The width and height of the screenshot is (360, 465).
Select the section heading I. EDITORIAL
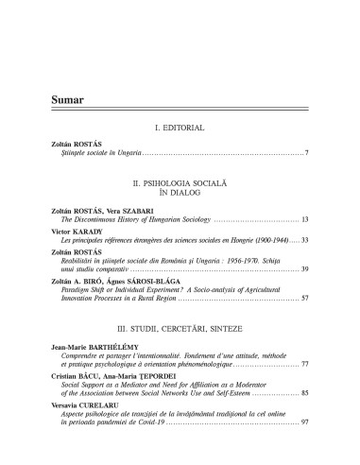[180, 127]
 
